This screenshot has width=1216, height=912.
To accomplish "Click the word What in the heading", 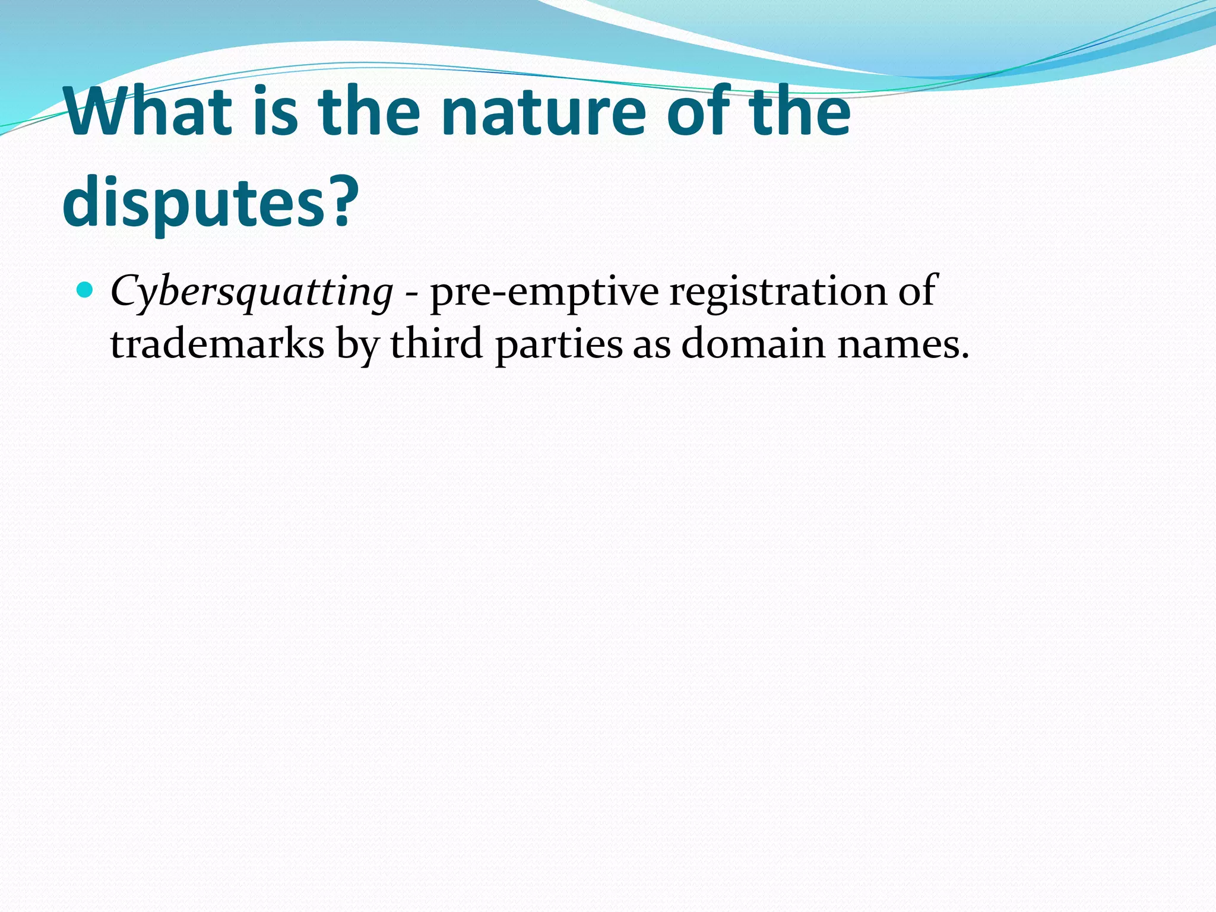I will click(148, 112).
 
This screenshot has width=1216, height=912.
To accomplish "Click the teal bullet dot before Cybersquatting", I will click(85, 290).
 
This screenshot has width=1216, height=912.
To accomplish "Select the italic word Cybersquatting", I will click(251, 292).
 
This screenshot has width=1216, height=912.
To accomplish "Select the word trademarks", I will click(217, 344).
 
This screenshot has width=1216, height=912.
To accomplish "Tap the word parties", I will click(558, 345).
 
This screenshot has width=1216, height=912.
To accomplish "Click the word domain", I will click(753, 344).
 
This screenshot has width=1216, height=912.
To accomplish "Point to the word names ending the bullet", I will click(902, 345).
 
